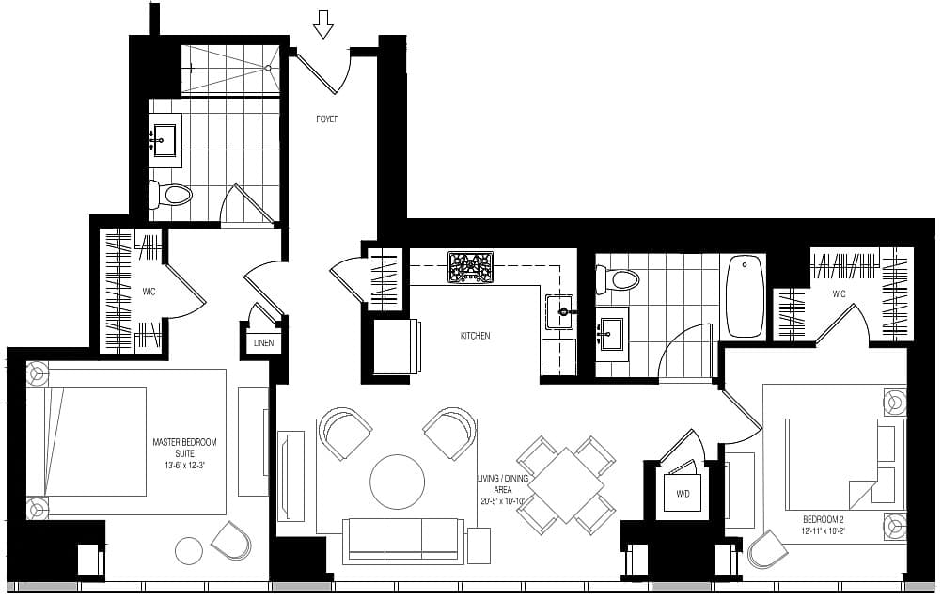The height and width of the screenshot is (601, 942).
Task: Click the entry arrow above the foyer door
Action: (322, 25)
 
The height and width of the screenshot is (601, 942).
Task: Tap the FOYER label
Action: (327, 119)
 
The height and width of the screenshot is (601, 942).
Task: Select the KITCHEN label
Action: (475, 336)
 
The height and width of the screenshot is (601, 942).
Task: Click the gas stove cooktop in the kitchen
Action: (470, 267)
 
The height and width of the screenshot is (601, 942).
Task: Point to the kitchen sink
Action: (559, 312)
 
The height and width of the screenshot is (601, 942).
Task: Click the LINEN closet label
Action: (263, 343)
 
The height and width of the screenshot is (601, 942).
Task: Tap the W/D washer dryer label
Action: (683, 494)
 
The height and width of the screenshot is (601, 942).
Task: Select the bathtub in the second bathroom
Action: (745, 295)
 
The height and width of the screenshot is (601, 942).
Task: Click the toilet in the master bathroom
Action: (170, 194)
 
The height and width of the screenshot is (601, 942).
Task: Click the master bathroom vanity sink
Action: (164, 140)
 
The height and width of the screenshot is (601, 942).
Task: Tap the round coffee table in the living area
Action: (397, 482)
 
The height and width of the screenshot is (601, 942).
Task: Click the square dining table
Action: (566, 484)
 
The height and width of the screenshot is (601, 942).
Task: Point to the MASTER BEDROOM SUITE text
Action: (184, 448)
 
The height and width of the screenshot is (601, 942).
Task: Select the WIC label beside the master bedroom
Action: (149, 293)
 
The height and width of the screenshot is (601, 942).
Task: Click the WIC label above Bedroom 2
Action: (839, 293)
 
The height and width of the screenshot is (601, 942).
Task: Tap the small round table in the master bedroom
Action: (190, 550)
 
